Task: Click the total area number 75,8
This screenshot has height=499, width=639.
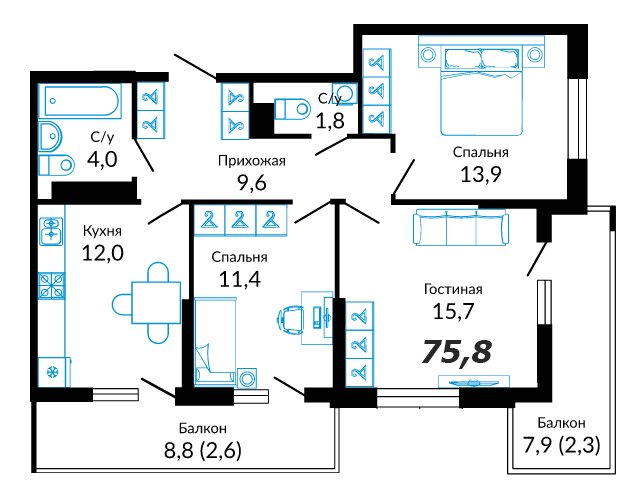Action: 456,351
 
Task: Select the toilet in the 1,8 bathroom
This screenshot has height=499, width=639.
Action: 293,109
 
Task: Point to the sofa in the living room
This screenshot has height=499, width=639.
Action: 461,227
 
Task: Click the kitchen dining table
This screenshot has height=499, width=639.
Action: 156,302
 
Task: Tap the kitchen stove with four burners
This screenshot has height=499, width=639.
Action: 51,285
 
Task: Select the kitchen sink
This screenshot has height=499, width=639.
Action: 51,231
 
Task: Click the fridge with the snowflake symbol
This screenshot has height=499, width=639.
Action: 53,372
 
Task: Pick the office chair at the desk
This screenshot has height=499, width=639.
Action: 292,319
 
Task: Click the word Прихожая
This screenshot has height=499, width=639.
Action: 251,161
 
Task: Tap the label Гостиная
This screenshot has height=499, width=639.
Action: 453,289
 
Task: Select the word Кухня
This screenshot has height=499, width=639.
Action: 102,231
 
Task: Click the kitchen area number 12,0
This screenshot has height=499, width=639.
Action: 103,253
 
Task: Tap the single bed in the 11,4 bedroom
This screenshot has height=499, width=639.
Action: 215,342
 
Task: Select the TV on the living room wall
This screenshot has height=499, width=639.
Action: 473,382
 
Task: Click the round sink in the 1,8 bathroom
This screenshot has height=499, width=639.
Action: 345,93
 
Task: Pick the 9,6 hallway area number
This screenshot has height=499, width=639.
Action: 251,183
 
